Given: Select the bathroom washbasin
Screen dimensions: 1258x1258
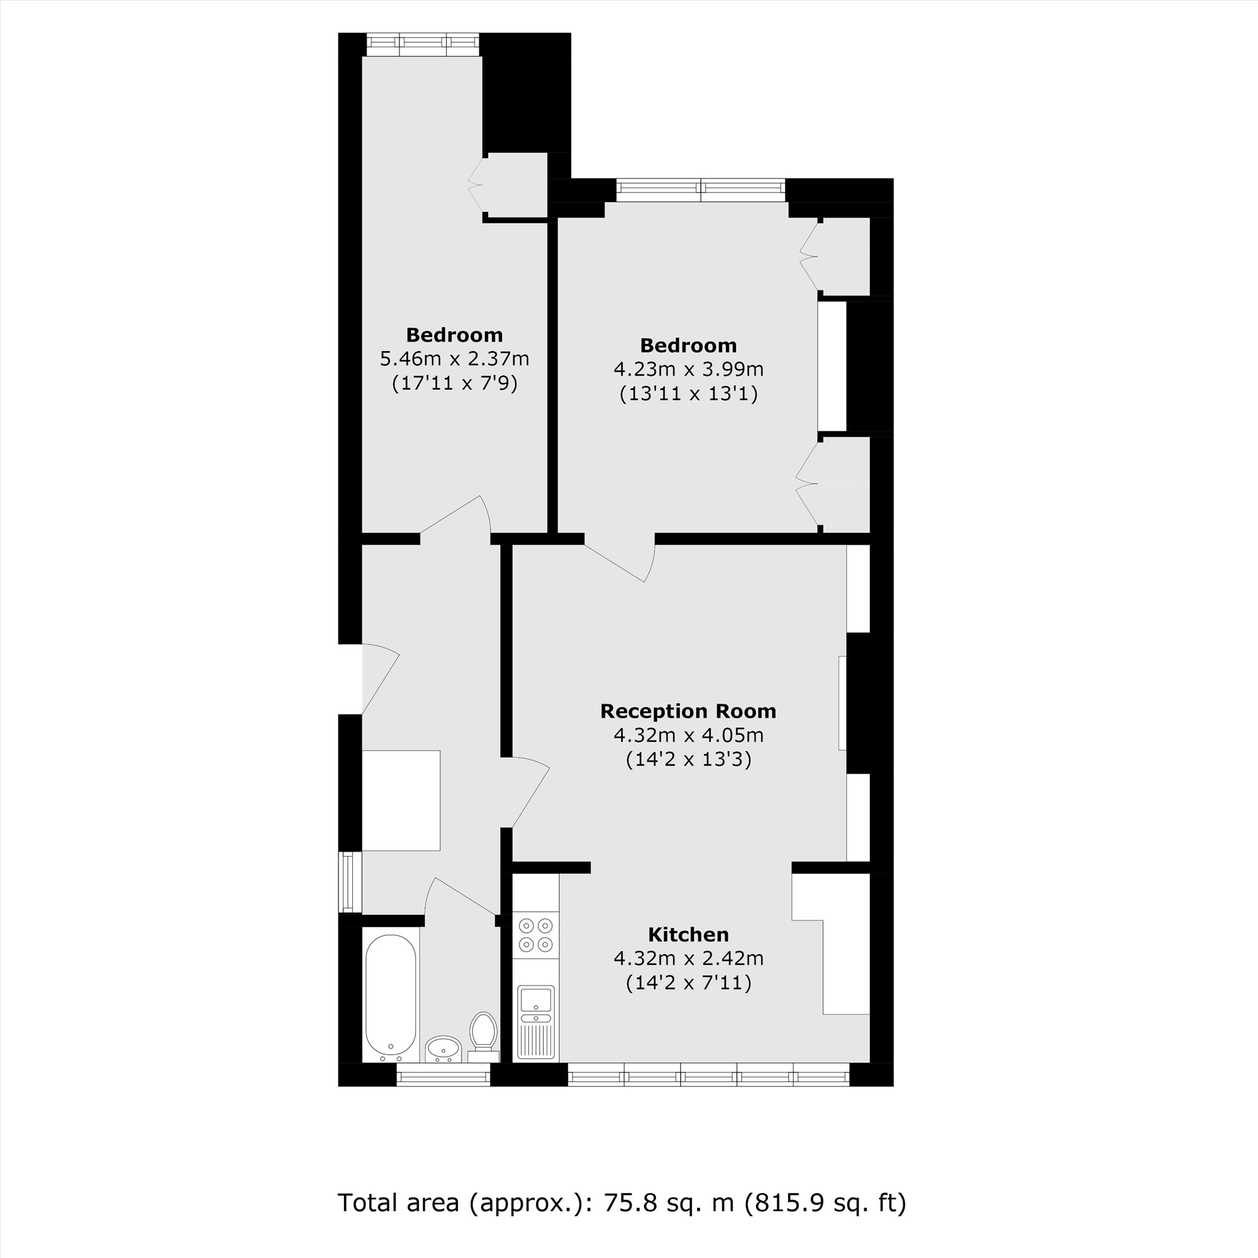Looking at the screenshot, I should click(443, 1049).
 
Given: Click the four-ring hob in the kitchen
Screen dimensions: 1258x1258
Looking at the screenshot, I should click(536, 935).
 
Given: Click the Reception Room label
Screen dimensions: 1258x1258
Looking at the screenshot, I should click(688, 711).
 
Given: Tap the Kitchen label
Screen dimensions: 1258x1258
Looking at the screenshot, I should click(688, 935).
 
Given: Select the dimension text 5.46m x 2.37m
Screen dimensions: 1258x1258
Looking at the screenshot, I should click(455, 359).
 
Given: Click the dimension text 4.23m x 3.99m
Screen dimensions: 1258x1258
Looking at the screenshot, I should click(688, 369).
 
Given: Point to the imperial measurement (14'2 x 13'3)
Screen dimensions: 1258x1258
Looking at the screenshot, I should click(688, 760).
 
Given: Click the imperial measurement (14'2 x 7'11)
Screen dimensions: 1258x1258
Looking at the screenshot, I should click(688, 982).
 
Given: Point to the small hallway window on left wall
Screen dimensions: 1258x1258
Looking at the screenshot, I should click(350, 882).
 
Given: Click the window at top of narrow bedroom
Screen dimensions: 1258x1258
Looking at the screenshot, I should click(422, 44).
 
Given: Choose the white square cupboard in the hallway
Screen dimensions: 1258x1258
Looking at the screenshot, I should click(401, 800).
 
